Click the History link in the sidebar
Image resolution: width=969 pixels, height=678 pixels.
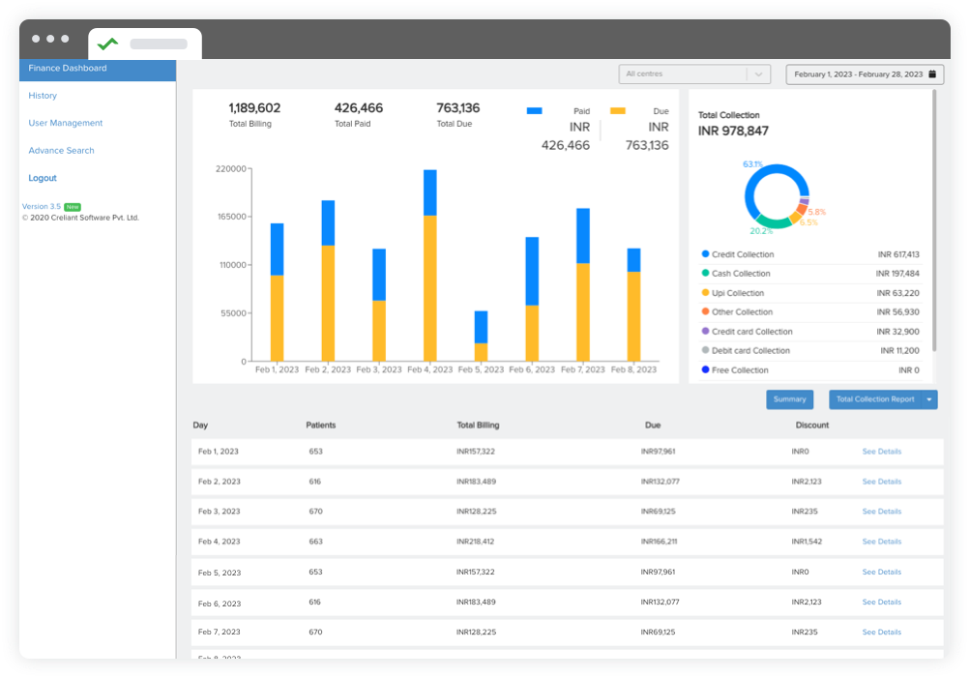[x=43, y=96]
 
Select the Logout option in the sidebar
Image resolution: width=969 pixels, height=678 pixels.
[x=43, y=178]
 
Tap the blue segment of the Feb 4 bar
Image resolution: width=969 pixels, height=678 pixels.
[x=430, y=192]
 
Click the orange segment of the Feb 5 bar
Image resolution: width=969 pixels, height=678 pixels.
[x=481, y=352]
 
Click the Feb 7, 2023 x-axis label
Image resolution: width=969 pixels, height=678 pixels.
[x=583, y=370]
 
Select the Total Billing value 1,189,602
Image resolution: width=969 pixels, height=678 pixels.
[x=254, y=108]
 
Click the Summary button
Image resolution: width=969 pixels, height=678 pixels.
[x=789, y=399]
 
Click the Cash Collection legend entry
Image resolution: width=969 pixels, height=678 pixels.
[x=742, y=274]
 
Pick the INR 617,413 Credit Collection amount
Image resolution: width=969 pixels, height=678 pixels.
[x=898, y=254]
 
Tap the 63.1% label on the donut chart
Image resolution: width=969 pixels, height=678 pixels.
[x=752, y=164]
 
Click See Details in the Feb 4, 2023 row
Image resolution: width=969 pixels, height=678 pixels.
[x=881, y=542]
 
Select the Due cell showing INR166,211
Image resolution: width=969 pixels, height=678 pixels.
[x=659, y=542]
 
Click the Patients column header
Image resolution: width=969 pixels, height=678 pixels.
[x=321, y=426]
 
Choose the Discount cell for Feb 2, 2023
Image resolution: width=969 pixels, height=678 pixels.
[x=807, y=482]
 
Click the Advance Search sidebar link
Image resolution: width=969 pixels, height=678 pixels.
[x=61, y=151]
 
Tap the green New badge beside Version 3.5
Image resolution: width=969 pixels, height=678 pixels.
[x=73, y=207]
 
